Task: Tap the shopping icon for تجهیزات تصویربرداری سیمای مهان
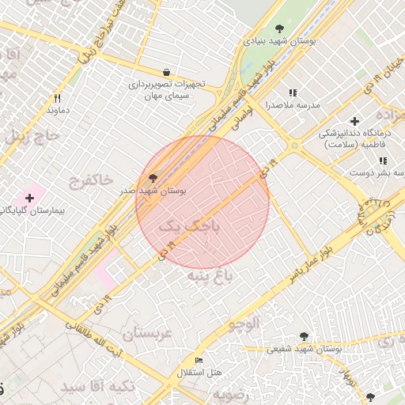tap(165, 72)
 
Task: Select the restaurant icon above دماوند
tap(57, 99)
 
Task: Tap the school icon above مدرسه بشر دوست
tap(383, 161)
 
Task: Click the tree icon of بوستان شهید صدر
tap(153, 178)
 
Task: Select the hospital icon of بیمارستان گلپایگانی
tap(30, 197)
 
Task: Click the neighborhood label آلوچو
tap(244, 323)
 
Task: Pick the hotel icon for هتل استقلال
tap(199, 360)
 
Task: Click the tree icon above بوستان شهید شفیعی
tap(305, 336)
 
